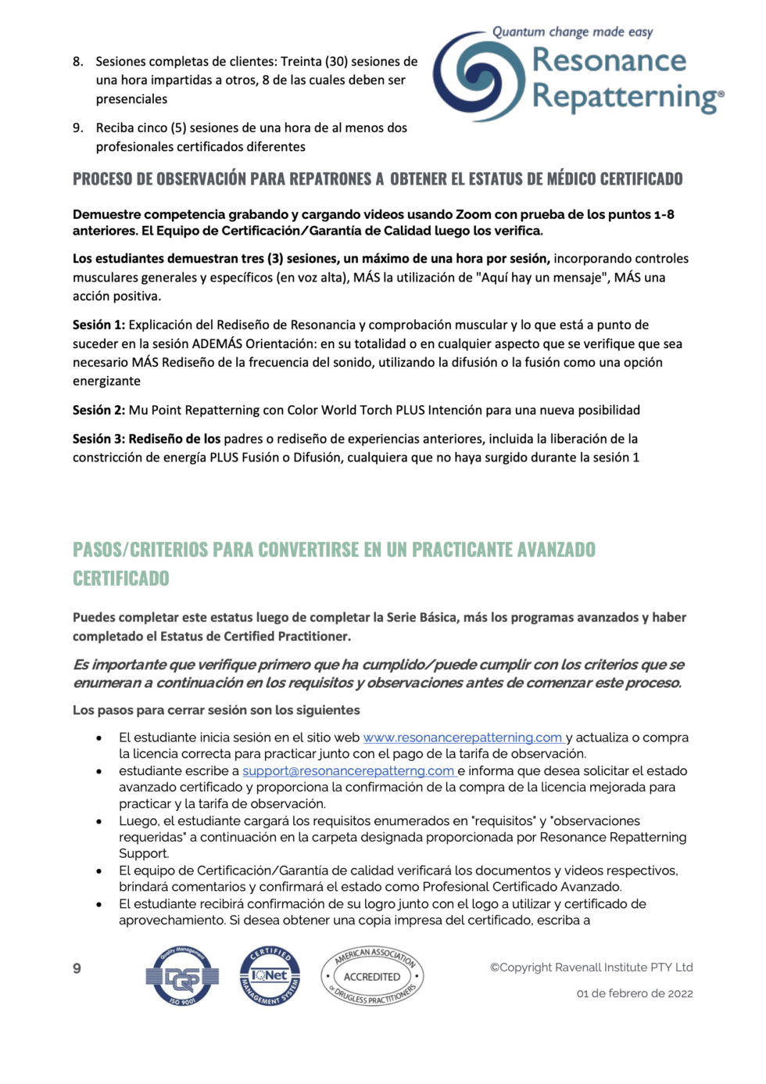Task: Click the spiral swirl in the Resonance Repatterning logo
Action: (x=478, y=77)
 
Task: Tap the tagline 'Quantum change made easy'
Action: (x=572, y=32)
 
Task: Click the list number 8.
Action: (x=77, y=61)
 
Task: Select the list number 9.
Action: (x=77, y=127)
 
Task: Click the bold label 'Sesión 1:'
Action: (x=98, y=325)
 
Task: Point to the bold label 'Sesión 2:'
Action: (x=98, y=410)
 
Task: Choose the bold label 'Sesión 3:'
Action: (x=98, y=439)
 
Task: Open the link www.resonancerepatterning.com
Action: (x=462, y=738)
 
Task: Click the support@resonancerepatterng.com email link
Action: (x=348, y=770)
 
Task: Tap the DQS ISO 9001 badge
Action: (x=182, y=975)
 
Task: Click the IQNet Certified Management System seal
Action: (x=270, y=975)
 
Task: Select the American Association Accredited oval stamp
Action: (x=372, y=976)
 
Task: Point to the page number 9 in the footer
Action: (x=77, y=968)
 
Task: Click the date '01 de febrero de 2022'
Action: (x=635, y=993)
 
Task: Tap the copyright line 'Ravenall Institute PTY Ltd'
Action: (x=592, y=967)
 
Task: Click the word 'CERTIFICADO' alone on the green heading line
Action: (x=121, y=579)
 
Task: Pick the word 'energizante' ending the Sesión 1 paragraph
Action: (x=107, y=381)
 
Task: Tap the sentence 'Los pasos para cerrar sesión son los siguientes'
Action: (x=217, y=710)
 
